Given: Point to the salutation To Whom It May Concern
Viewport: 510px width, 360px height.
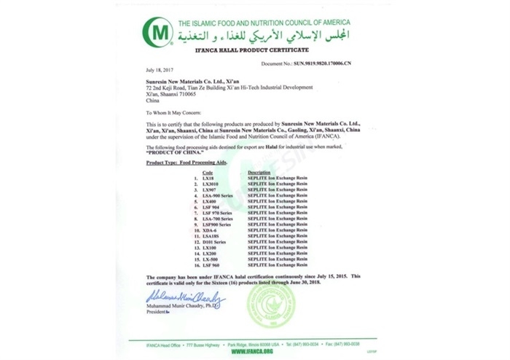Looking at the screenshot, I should tap(176, 114).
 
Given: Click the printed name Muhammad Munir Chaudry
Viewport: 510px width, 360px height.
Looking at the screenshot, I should tap(178, 307).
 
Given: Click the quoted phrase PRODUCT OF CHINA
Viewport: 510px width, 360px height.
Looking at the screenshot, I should tap(172, 153).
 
